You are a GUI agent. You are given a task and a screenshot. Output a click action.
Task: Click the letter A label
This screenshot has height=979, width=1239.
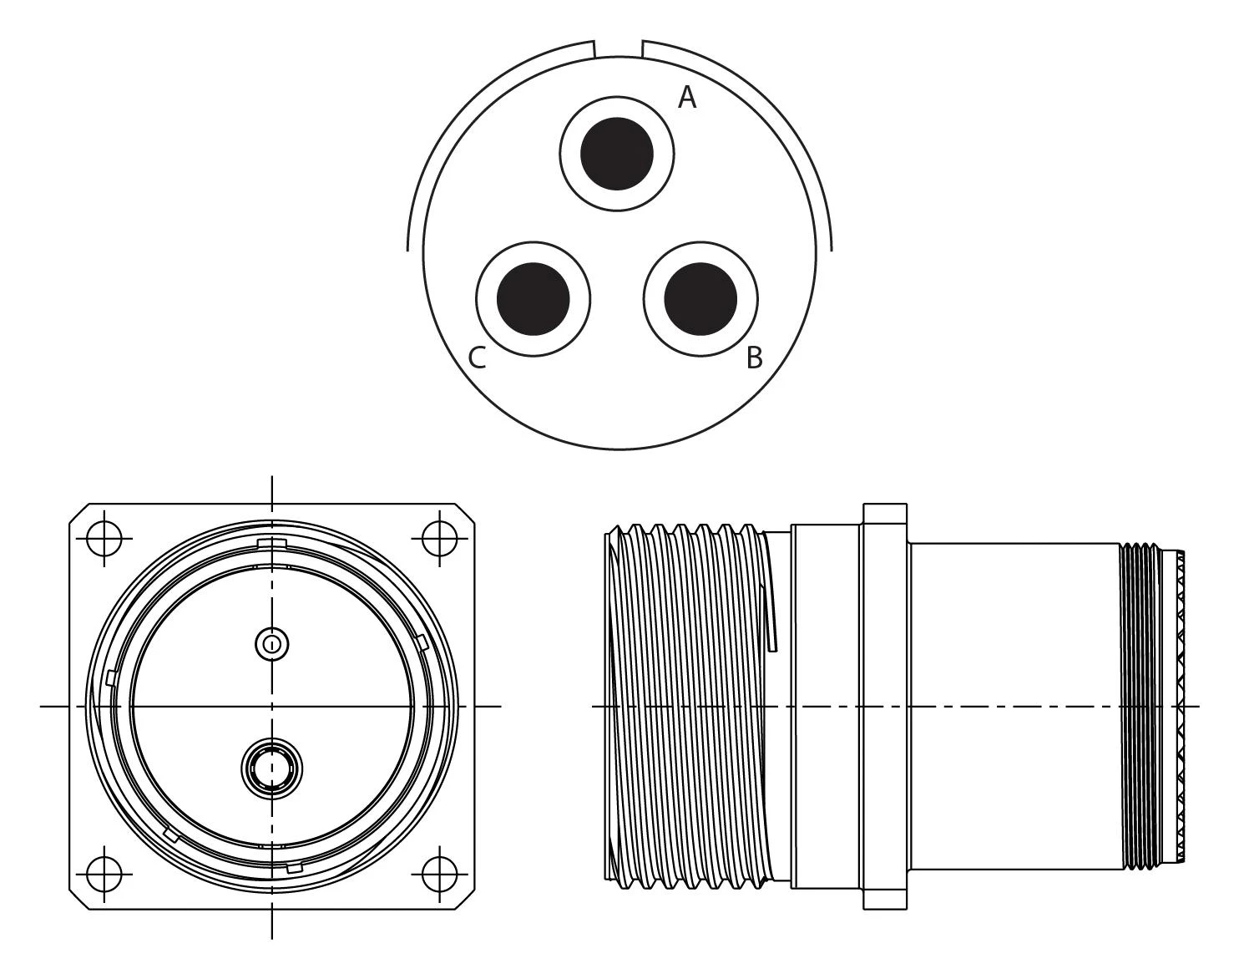point(686,98)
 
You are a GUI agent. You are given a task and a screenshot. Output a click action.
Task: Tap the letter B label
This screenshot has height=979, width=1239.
point(754,358)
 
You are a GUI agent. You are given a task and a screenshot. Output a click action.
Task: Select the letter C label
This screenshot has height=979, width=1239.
point(477,358)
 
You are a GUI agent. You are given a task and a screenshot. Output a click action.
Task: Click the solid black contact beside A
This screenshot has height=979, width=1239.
point(617,154)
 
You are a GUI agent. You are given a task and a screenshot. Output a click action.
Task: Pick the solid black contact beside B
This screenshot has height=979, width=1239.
point(700,298)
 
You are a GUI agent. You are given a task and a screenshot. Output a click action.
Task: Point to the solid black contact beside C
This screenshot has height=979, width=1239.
point(534,298)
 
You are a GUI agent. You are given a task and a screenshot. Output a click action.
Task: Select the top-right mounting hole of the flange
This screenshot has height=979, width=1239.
point(439,539)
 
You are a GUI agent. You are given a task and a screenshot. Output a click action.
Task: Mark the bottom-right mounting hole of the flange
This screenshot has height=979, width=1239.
point(439,875)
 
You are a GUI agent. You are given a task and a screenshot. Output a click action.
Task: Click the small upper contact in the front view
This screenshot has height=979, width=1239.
point(271,644)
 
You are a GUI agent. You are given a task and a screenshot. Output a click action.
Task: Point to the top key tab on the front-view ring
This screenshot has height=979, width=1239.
point(272,545)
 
